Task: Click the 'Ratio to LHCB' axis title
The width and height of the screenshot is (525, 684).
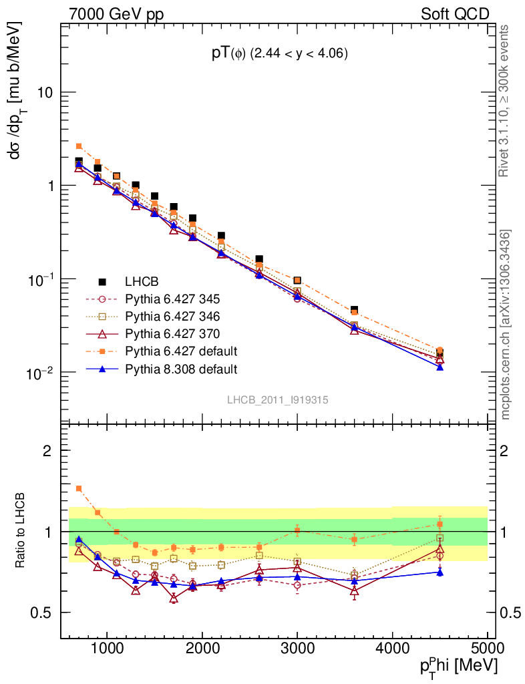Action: [x=22, y=531]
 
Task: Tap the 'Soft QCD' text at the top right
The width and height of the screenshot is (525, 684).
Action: [x=455, y=14]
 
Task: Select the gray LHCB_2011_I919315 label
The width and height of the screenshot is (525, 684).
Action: [x=277, y=399]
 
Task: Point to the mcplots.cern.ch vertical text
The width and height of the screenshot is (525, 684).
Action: [x=506, y=325]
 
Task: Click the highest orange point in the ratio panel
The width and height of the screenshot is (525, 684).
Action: [x=79, y=488]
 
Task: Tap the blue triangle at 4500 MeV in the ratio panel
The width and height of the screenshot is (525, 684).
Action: [x=440, y=572]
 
